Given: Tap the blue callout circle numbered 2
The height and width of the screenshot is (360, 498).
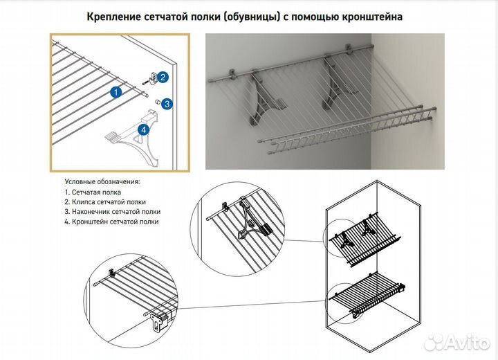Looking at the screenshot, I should pyautogui.click(x=163, y=77).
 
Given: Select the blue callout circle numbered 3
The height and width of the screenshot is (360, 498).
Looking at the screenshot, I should pyautogui.click(x=167, y=105).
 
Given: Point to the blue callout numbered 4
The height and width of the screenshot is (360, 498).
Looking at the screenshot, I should pyautogui.click(x=144, y=129).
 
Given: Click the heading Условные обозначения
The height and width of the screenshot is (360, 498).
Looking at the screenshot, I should pyautogui.click(x=102, y=181).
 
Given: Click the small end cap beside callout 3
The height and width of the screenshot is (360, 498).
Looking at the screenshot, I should pyautogui.click(x=156, y=103).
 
